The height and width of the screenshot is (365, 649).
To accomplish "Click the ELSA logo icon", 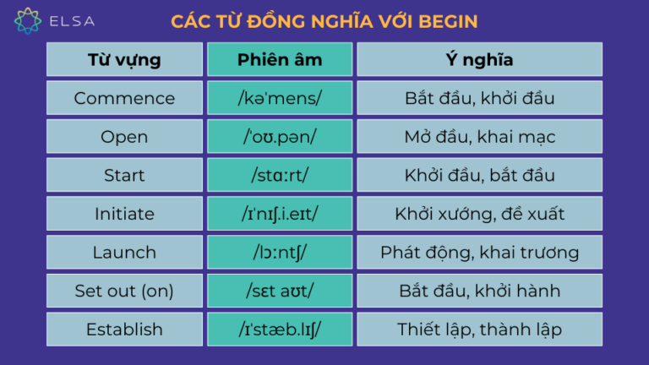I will coord(27,20).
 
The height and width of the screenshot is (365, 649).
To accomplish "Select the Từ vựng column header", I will coord(124,60).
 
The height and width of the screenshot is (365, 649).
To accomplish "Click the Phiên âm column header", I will coord(280,60).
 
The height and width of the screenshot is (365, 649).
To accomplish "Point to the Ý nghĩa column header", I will coord(479,60).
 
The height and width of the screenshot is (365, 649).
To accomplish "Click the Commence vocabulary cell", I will coord(124,98).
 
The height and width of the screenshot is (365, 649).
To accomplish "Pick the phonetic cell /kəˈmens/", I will coord(280,98).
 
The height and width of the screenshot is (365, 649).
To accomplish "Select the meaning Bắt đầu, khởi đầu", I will coord(479,98).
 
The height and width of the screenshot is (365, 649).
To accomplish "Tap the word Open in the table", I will coord(124,137).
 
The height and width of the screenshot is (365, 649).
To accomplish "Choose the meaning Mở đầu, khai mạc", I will coord(479,137).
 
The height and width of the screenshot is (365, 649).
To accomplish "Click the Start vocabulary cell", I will coord(124,175).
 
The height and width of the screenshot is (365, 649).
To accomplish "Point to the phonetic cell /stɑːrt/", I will coord(280,175).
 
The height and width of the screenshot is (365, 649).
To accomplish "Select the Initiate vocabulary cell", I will coord(124,214).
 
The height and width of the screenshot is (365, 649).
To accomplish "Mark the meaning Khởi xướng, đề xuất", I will coord(479,214).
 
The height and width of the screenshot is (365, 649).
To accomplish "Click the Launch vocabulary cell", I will coord(124,252).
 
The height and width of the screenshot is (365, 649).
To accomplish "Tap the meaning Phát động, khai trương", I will coord(479,252).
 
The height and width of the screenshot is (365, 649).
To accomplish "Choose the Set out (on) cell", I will coord(124,291).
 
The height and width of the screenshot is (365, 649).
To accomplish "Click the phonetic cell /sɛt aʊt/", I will coord(280,291).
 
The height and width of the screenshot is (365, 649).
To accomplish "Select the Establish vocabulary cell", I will coord(124,329).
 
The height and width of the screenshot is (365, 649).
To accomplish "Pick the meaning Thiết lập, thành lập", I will coord(479,329).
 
